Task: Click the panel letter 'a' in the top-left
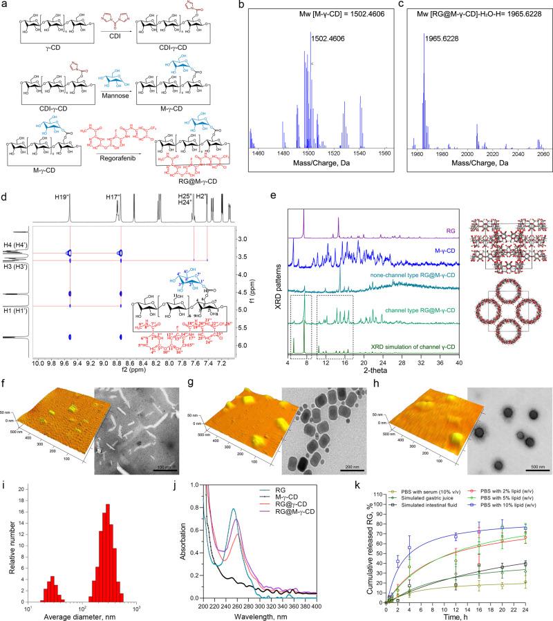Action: click(x=6, y=6)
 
